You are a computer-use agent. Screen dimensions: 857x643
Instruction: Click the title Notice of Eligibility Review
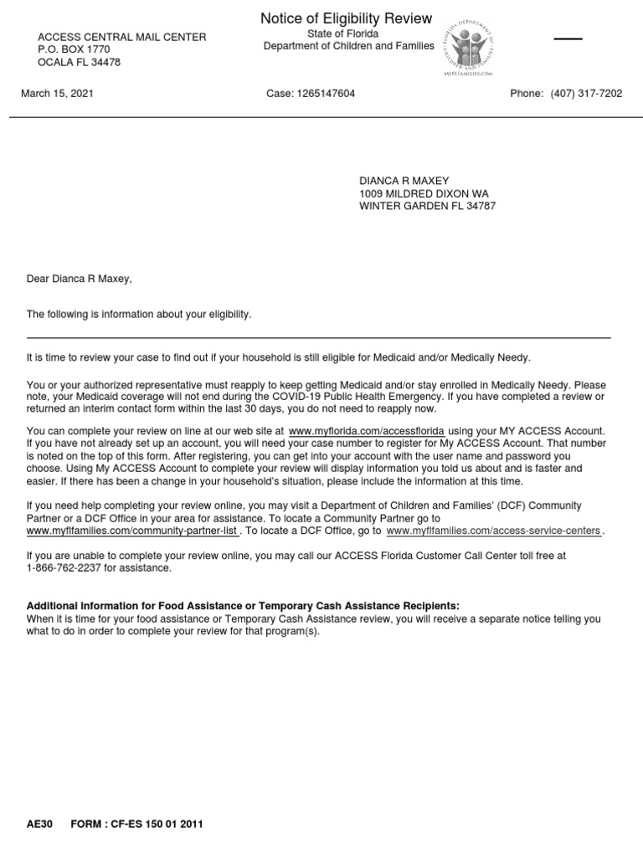pyautogui.click(x=346, y=18)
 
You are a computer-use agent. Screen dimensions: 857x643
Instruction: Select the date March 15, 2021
pyautogui.click(x=57, y=94)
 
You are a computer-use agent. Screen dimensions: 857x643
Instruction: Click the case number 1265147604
pyautogui.click(x=311, y=94)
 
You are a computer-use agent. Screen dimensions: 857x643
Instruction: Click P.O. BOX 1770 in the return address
pyautogui.click(x=74, y=50)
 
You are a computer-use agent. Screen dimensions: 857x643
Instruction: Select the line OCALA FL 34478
pyautogui.click(x=80, y=63)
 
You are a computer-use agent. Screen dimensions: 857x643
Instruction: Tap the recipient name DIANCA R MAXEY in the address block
pyautogui.click(x=404, y=181)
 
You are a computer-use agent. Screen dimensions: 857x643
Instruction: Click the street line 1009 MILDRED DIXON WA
pyautogui.click(x=424, y=193)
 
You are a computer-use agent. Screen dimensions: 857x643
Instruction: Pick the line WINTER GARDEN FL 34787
pyautogui.click(x=427, y=206)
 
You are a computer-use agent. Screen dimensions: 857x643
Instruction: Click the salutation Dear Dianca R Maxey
pyautogui.click(x=80, y=279)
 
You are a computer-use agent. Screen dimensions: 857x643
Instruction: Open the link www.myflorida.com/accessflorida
pyautogui.click(x=366, y=430)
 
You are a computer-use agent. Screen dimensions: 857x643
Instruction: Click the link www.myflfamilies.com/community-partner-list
pyautogui.click(x=132, y=531)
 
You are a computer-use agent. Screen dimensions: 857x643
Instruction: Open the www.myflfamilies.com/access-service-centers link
pyautogui.click(x=493, y=531)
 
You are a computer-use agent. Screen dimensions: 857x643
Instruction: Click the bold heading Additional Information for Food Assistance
pyautogui.click(x=243, y=606)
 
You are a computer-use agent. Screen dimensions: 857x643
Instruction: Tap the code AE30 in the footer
pyautogui.click(x=39, y=824)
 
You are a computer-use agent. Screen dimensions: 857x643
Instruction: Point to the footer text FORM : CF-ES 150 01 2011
pyautogui.click(x=136, y=824)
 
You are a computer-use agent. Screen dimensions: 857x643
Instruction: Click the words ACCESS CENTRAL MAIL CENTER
pyautogui.click(x=122, y=38)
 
